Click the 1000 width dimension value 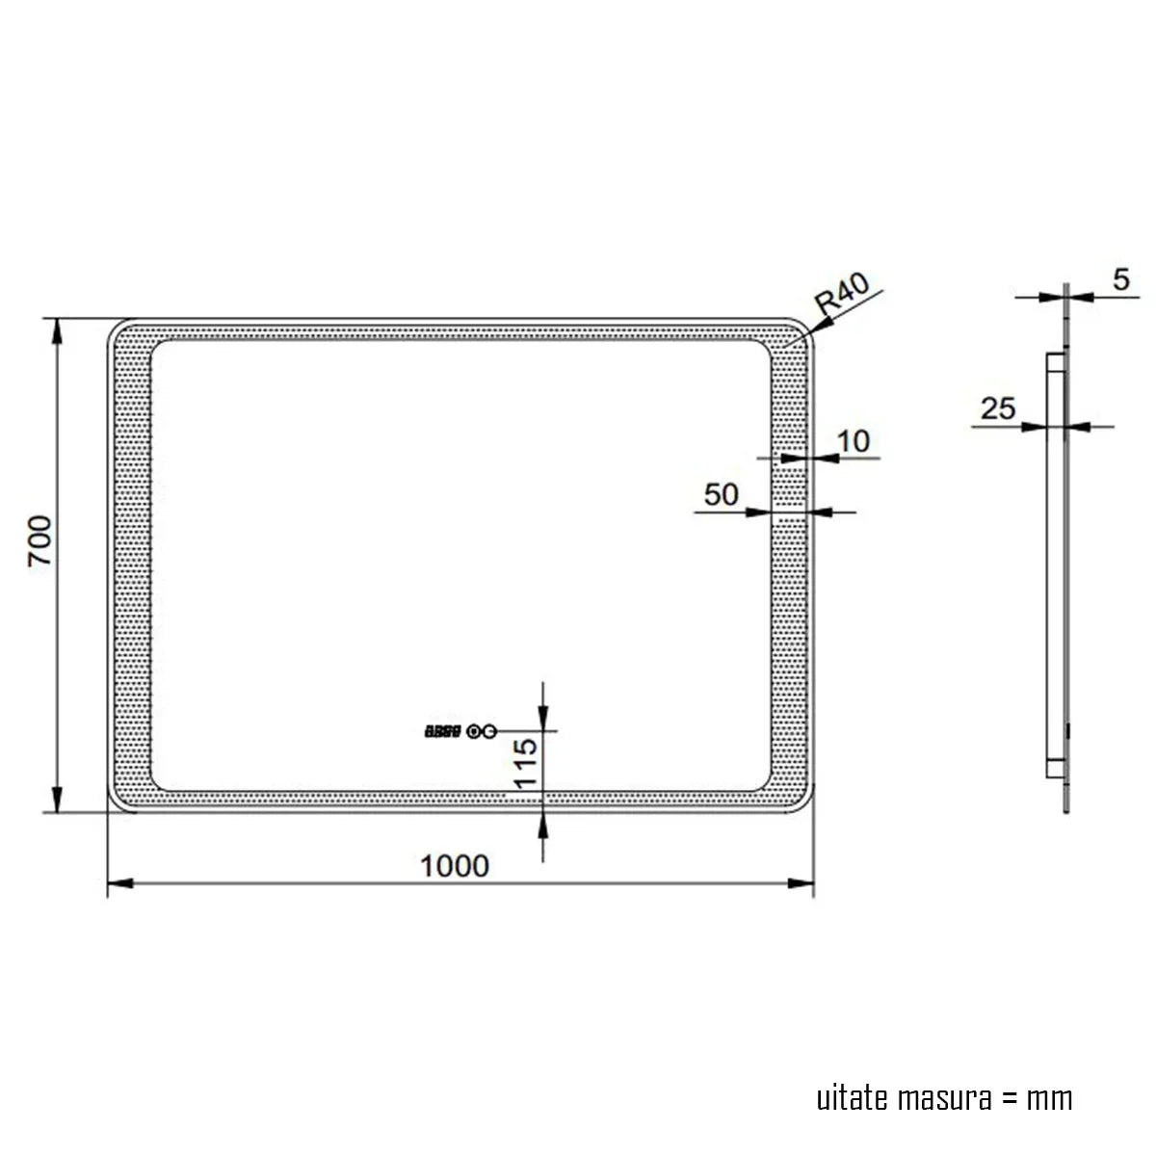click(x=455, y=866)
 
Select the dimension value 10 click(x=854, y=441)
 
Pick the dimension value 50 click(x=721, y=494)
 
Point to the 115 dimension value click(x=525, y=764)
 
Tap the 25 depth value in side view click(x=998, y=408)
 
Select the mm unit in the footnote click(x=1049, y=1098)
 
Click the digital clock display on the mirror click(x=444, y=732)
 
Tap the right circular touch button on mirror click(x=489, y=732)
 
